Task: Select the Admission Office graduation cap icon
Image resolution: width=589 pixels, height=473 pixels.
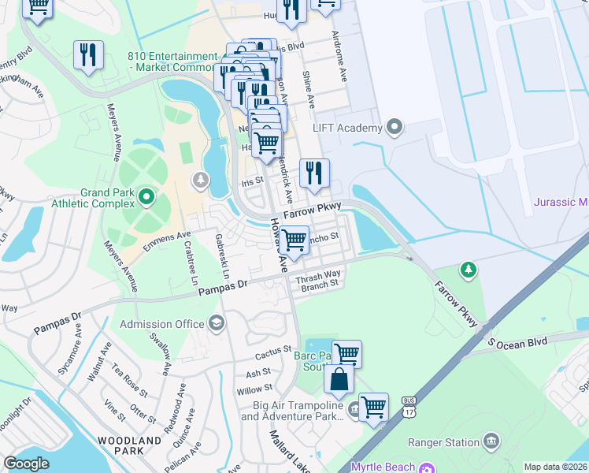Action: (216, 323)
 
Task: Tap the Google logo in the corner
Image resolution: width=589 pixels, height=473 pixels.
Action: (27, 464)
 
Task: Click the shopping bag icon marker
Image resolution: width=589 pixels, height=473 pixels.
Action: (338, 379)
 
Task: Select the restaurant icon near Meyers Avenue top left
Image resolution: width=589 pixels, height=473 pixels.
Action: (87, 55)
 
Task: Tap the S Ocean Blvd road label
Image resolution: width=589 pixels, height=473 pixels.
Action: (517, 341)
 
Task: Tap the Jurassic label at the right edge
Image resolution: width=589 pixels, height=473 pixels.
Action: (561, 202)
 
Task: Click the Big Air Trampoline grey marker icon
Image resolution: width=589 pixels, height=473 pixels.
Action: (354, 408)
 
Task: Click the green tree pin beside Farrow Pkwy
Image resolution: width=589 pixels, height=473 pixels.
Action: (469, 271)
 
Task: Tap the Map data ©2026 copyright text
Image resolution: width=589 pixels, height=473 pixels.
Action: (555, 467)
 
